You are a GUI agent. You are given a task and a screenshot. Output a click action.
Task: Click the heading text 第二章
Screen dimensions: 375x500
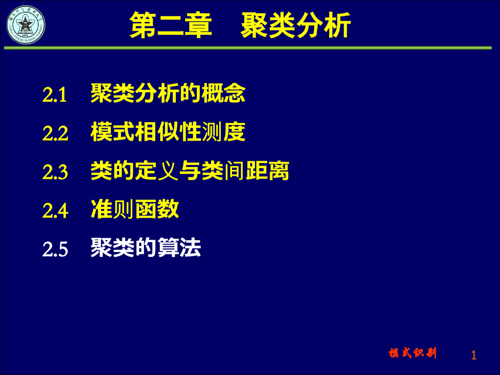[x=171, y=25]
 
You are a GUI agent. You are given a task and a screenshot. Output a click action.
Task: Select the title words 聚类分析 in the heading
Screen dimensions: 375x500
[x=296, y=25]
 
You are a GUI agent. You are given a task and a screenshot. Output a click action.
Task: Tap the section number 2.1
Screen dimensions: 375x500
[x=54, y=94]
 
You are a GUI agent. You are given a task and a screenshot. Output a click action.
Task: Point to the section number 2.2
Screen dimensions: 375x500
[x=55, y=133]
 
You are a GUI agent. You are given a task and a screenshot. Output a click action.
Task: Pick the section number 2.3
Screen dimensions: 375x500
[x=55, y=172]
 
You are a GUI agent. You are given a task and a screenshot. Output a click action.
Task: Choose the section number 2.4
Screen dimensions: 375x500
[x=55, y=210]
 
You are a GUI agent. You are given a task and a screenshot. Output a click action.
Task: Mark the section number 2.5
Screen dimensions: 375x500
[x=55, y=249]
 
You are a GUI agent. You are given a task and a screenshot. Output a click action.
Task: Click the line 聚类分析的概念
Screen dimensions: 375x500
[x=168, y=93]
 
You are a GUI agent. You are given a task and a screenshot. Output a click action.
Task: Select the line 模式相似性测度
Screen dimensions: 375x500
[x=168, y=132]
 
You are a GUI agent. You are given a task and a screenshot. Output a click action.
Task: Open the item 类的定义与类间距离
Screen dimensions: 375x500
[x=190, y=171]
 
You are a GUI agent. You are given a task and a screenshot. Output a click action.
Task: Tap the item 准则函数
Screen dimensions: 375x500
[x=135, y=209]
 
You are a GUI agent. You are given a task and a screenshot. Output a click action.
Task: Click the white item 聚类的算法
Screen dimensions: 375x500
[x=146, y=248]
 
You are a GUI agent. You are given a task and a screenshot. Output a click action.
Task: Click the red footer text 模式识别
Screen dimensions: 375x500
[x=413, y=354]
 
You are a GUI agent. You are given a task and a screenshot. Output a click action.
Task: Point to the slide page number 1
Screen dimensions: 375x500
[x=474, y=355]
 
